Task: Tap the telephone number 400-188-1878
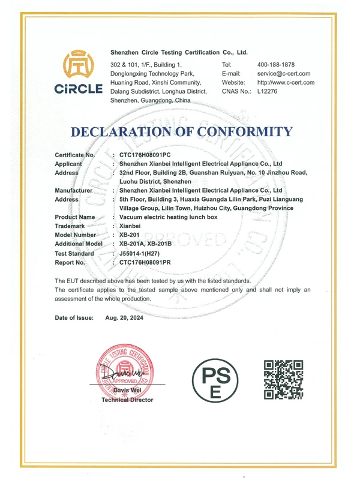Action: tap(276, 64)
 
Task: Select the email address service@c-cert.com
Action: tap(286, 73)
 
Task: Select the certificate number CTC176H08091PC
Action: tap(149, 155)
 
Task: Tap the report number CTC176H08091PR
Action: tap(149, 262)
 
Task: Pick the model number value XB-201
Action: tap(130, 235)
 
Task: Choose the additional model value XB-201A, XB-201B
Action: tap(146, 244)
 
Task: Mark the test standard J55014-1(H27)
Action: tap(144, 253)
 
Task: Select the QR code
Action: tap(284, 379)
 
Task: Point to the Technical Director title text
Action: tap(127, 400)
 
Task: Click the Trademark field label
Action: tap(70, 226)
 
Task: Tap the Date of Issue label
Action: tap(74, 317)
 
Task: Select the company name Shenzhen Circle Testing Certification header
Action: tap(179, 53)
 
